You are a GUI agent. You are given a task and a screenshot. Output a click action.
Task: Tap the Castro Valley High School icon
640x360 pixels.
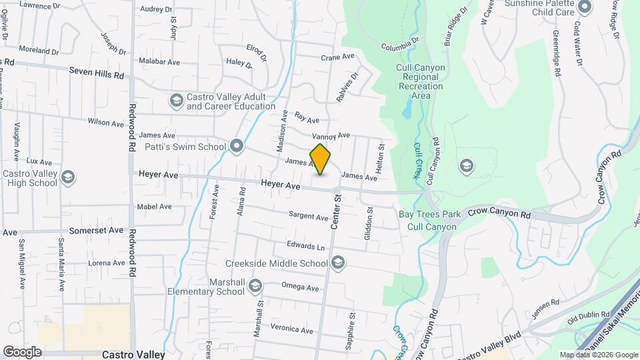tap(67, 177)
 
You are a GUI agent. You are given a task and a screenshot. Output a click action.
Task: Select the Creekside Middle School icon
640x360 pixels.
tap(338, 262)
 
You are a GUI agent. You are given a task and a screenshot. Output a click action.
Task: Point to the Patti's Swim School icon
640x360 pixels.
tap(237, 147)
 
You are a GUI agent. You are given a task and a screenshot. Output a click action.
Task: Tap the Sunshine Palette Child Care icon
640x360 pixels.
tap(585, 7)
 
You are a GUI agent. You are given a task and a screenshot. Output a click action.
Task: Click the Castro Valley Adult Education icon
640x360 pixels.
tap(177, 101)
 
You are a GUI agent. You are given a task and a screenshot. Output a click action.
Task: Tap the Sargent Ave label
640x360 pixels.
tap(308, 217)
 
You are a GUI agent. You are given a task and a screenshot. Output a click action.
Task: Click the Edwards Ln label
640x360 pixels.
tap(305, 247)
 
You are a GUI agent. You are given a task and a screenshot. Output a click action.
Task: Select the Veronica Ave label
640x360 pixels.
tap(291, 329)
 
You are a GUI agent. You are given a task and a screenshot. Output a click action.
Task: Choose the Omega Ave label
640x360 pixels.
tap(300, 287)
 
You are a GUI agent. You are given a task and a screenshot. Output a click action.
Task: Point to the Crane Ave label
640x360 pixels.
tap(337, 57)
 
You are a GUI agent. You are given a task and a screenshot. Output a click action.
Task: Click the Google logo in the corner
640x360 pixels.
tap(23, 352)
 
